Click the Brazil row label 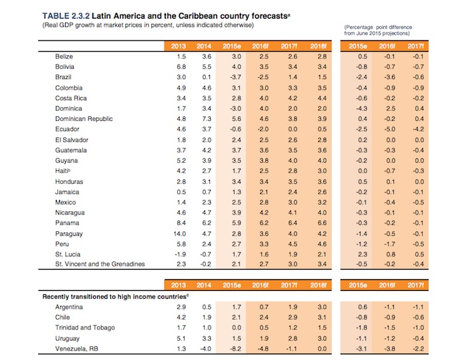pyautogui.click(x=64, y=77)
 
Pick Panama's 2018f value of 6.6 pyautogui.click(x=316, y=223)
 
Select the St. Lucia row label pyautogui.click(x=68, y=254)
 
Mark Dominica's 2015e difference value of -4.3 pyautogui.click(x=361, y=108)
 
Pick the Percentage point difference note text pyautogui.click(x=377, y=29)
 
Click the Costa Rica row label pyautogui.click(x=68, y=98)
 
